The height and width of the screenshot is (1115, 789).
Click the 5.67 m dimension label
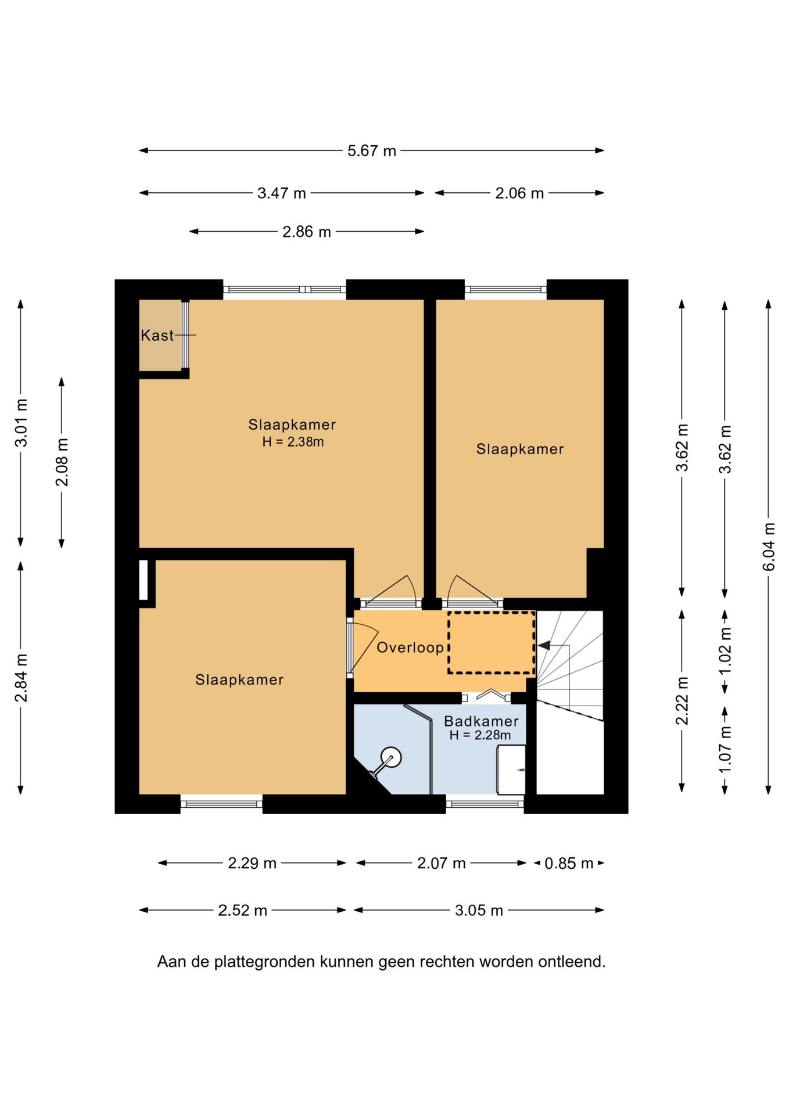372,151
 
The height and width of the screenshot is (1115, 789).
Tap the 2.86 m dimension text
307,232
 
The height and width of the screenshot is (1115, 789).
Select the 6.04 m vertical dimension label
769,546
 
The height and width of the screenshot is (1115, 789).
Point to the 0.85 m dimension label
569,864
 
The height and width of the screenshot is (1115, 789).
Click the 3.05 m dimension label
479,910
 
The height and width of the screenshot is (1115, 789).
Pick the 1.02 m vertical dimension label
725,652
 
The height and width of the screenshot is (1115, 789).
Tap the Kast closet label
157,335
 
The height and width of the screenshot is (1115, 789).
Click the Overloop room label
410,648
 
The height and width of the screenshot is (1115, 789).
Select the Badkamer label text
481,721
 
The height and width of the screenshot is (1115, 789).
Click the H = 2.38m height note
293,442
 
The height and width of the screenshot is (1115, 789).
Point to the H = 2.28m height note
480,735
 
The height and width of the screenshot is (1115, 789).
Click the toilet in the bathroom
386,761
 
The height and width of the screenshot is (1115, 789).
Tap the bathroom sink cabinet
511,770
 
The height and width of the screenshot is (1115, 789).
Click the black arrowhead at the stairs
544,645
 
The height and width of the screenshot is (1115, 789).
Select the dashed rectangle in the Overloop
492,643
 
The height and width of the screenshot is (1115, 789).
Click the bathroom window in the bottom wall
485,804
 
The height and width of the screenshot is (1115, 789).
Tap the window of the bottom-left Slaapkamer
221,804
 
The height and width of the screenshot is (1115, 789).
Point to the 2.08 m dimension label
62,462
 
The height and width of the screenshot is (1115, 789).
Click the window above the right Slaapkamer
505,289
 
